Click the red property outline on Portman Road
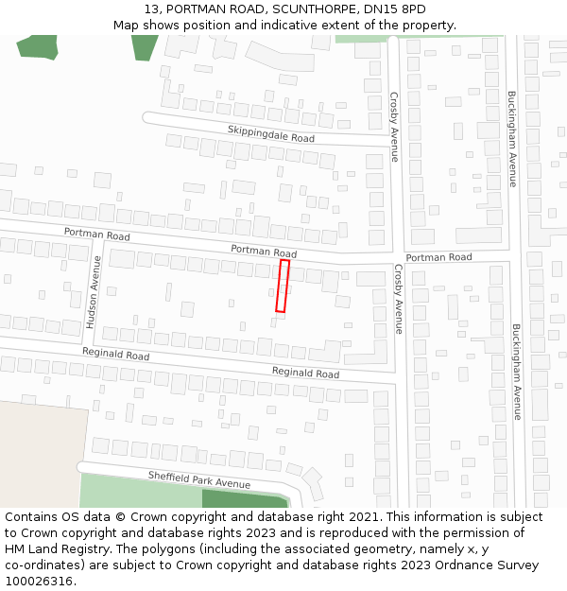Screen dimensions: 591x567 (x=283, y=286)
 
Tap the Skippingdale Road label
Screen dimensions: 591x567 (x=270, y=133)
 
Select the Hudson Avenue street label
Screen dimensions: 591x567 (x=94, y=292)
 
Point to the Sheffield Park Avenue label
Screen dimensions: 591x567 (x=198, y=479)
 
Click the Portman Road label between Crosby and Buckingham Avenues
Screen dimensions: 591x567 (x=438, y=257)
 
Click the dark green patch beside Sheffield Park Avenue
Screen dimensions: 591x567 (x=244, y=499)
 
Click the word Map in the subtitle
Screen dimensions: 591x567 (x=126, y=26)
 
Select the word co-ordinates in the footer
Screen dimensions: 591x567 (x=43, y=565)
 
